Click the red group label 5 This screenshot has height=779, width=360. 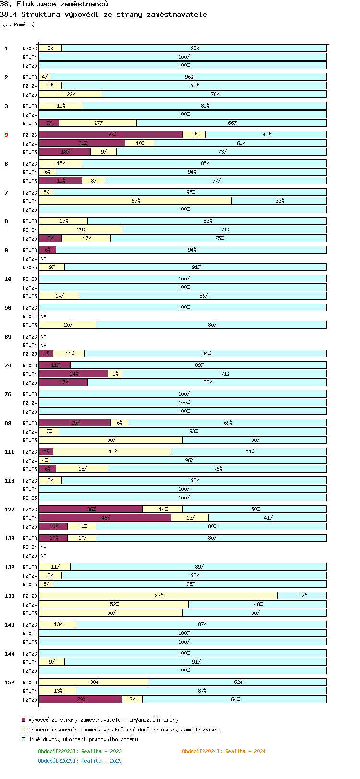[x=6, y=135]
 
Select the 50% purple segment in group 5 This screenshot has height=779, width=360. [x=111, y=134]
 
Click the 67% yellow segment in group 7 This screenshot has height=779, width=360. [x=135, y=201]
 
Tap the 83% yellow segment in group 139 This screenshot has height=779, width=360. [x=158, y=596]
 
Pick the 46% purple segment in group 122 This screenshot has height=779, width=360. [x=105, y=518]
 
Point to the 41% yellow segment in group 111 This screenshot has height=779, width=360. [x=112, y=451]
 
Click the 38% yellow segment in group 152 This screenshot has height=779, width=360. [x=94, y=682]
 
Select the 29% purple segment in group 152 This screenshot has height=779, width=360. [x=81, y=699]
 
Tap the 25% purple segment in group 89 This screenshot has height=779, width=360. [x=75, y=423]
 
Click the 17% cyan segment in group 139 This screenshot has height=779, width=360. [x=302, y=596]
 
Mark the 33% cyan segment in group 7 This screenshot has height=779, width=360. [x=279, y=201]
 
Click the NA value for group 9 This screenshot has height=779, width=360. [x=43, y=259]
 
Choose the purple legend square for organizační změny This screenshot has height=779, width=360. [x=24, y=720]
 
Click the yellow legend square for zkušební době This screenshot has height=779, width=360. [x=24, y=730]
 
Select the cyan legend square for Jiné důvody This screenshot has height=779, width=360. [x=24, y=739]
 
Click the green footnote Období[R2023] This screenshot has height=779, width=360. [x=80, y=751]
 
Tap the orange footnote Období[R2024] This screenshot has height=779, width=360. [x=223, y=751]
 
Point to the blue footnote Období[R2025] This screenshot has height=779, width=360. [x=80, y=761]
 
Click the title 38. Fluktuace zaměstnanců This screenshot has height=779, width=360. [x=54, y=4]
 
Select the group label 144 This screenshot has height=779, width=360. [x=10, y=654]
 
